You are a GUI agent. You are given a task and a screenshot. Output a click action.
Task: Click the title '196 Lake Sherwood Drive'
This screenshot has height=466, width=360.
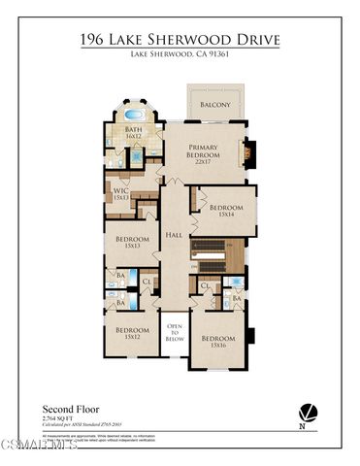(x=180, y=39)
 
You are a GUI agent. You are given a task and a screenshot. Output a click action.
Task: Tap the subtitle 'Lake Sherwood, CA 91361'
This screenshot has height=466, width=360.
(x=180, y=54)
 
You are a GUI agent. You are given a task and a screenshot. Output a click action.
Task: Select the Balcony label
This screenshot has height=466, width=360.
(x=215, y=104)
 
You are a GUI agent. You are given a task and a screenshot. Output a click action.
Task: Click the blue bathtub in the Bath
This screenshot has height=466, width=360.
(x=134, y=115)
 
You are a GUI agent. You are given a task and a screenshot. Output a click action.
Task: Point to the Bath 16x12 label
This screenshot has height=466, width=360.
(x=134, y=132)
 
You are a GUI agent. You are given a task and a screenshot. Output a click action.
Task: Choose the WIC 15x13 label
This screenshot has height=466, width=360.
(x=121, y=194)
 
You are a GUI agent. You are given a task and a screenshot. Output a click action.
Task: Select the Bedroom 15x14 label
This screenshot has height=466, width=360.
(x=226, y=210)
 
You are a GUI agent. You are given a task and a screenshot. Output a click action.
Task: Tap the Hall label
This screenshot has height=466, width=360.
(x=174, y=234)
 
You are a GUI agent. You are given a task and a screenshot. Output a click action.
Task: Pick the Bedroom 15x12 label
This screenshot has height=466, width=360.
(x=132, y=332)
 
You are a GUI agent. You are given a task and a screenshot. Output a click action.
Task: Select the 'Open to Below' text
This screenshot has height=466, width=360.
(x=175, y=333)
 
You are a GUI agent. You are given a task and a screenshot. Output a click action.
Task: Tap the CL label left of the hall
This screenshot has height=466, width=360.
(x=147, y=283)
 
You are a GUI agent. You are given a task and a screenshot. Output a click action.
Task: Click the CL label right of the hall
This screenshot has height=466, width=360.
(x=205, y=286)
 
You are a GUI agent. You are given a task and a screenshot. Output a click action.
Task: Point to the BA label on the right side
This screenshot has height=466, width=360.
(x=237, y=301)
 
